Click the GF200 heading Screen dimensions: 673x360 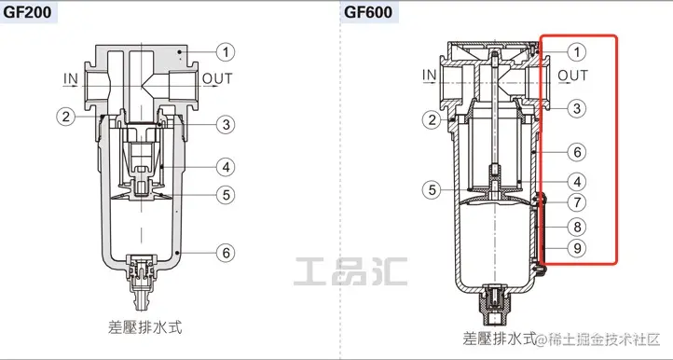click(27, 11)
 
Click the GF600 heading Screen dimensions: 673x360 click(368, 11)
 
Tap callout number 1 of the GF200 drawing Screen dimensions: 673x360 click(226, 52)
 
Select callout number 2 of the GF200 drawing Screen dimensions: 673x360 click(65, 117)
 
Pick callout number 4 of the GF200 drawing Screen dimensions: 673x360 click(226, 167)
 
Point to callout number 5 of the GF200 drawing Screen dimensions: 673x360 click(226, 195)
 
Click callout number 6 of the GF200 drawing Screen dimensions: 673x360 click(226, 253)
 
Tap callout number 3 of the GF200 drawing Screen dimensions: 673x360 click(226, 125)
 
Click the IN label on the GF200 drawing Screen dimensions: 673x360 click(71, 78)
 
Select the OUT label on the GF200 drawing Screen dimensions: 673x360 click(217, 78)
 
